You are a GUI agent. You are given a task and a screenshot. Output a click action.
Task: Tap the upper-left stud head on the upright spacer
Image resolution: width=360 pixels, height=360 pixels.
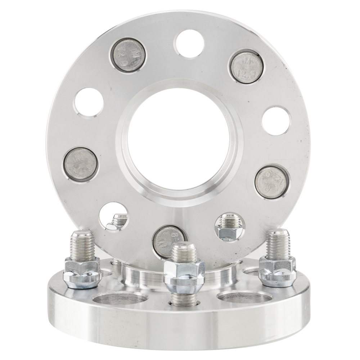pos(127,55)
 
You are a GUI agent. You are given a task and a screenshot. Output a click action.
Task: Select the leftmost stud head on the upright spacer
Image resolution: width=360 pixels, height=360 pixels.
pos(80,164)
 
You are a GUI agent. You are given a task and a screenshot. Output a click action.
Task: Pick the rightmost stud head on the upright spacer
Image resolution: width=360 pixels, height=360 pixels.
pos(272,181)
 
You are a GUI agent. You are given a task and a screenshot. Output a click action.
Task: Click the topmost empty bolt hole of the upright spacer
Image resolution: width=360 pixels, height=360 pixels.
pos(189,43)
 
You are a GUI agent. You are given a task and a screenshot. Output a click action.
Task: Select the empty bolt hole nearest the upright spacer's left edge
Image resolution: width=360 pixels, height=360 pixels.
pos(89,102)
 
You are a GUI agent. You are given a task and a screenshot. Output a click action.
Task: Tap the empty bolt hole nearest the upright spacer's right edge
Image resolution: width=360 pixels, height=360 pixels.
pos(276,120)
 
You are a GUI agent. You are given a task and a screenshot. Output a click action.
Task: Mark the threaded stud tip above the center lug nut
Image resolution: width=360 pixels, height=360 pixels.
pos(184,252)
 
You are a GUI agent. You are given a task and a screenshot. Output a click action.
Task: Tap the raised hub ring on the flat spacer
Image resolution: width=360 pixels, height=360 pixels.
pos(144,275)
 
